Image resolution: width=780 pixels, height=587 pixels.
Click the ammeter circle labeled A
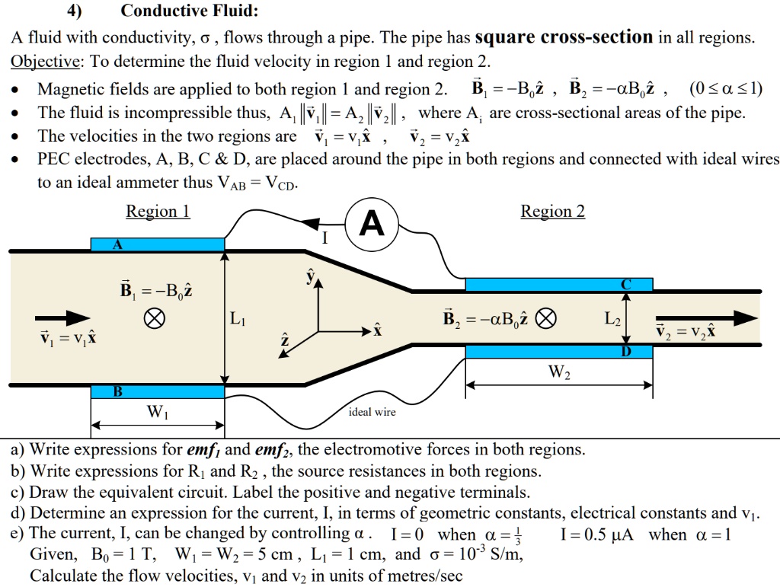[371, 225]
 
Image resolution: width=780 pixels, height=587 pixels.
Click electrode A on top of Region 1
[157, 244]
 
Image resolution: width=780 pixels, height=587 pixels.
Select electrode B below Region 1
[157, 391]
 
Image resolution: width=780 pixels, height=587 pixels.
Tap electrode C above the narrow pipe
[558, 284]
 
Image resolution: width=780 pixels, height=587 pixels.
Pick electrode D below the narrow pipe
[558, 351]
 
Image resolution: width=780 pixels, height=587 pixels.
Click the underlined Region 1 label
[158, 212]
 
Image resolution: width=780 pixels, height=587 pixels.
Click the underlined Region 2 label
[552, 212]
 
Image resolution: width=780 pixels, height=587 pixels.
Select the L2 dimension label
[613, 320]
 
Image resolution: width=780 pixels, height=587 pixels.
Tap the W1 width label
[158, 413]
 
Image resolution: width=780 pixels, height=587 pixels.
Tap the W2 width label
[558, 373]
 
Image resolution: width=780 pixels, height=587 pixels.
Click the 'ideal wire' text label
[372, 412]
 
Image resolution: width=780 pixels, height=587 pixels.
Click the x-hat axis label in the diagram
[376, 332]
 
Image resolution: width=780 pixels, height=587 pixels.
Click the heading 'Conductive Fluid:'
[190, 11]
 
